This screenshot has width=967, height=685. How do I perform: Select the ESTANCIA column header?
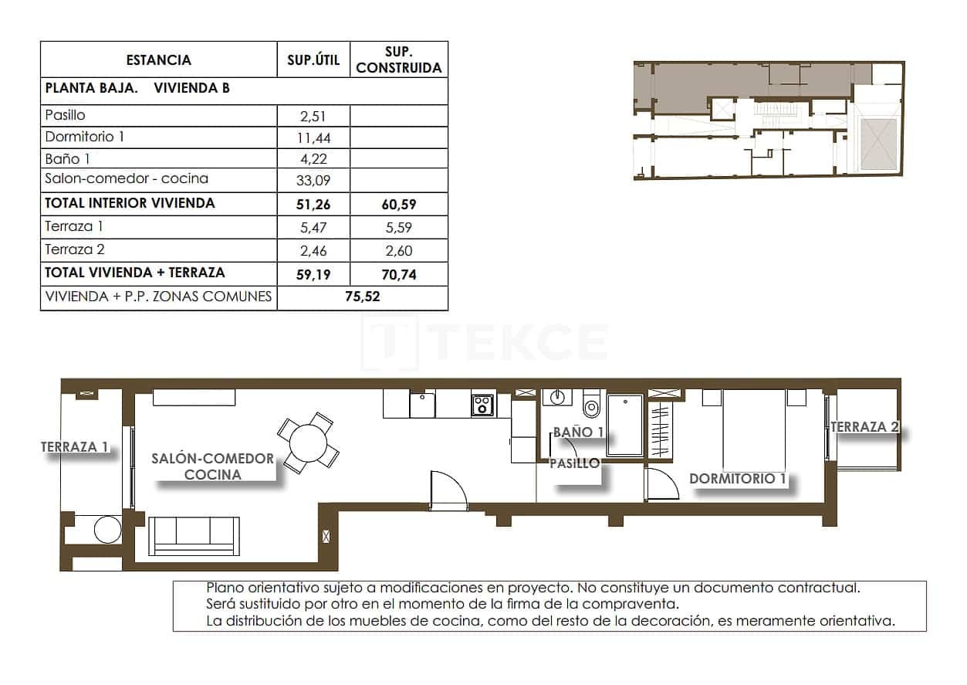click(x=158, y=59)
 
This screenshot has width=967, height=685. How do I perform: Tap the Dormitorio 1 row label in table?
click(x=85, y=137)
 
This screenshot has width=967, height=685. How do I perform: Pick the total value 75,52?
click(x=362, y=297)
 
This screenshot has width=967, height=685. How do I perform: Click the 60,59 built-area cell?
click(x=398, y=205)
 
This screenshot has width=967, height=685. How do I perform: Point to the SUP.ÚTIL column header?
click(x=313, y=60)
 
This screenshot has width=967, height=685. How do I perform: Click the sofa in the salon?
click(x=193, y=535)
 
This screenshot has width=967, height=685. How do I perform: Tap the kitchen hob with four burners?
click(x=483, y=405)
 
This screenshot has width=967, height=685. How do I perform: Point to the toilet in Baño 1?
click(x=592, y=404)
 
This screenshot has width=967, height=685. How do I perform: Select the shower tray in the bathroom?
click(x=624, y=426)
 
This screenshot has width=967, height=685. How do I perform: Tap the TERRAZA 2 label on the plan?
click(x=865, y=427)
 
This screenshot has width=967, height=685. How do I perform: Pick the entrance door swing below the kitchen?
click(x=448, y=491)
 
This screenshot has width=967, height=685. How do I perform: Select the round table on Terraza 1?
click(x=107, y=530)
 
